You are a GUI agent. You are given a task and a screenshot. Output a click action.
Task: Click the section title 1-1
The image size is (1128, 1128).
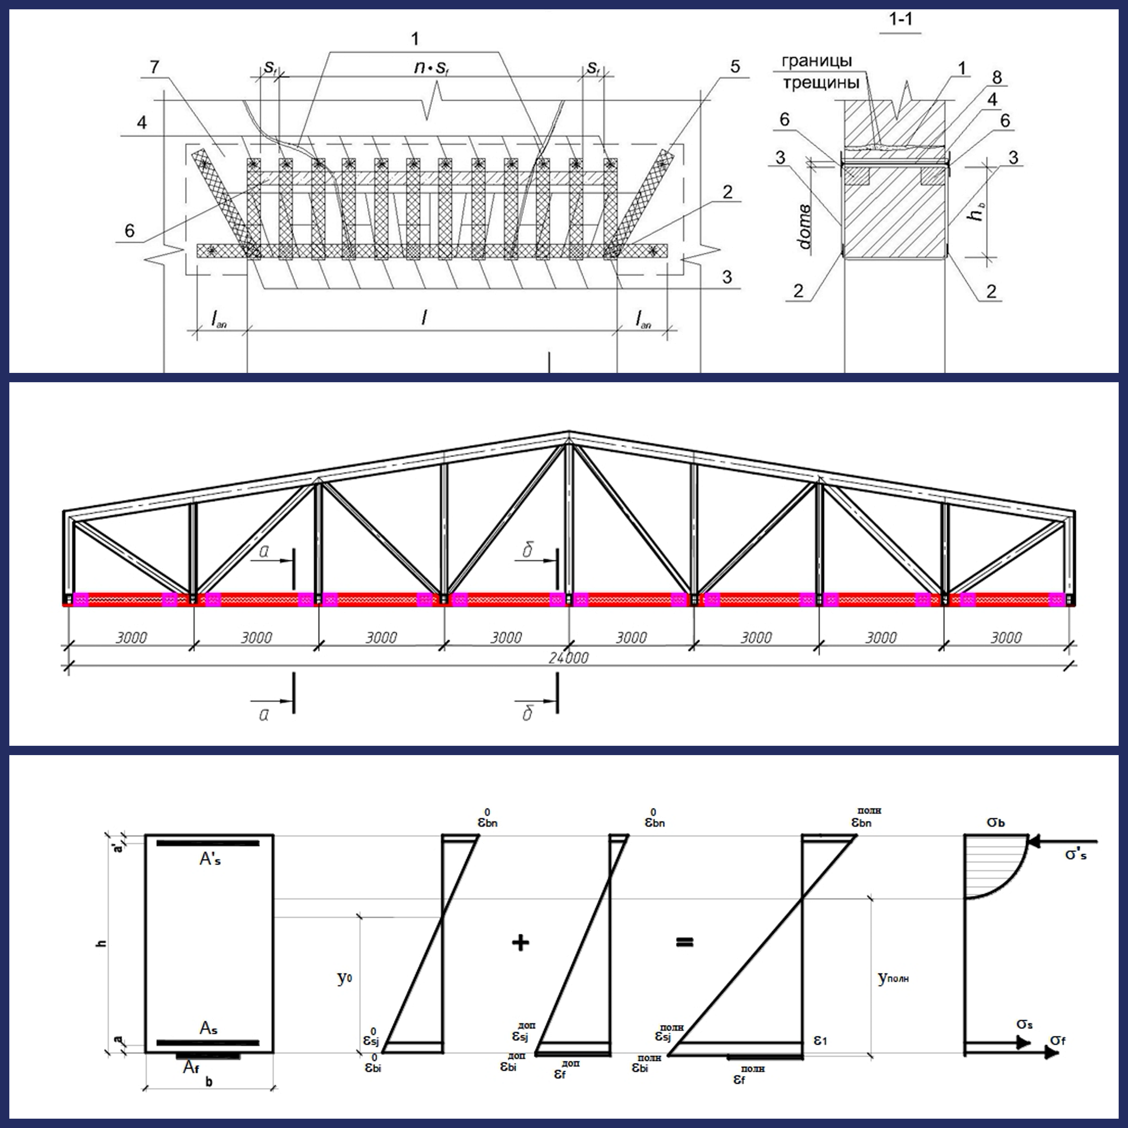coord(900,20)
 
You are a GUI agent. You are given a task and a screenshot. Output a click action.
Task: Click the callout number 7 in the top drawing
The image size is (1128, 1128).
coord(154,67)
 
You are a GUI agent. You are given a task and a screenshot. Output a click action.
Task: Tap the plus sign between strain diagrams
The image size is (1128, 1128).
coord(520,942)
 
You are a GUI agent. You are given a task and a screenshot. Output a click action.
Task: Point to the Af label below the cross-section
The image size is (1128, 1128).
coord(191,1067)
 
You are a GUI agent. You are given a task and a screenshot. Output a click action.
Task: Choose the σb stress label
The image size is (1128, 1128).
coord(995,822)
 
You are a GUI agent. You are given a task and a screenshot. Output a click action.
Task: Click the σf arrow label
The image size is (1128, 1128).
coord(1057,1041)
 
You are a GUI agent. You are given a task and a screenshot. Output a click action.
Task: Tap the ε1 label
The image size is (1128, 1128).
coord(820,1041)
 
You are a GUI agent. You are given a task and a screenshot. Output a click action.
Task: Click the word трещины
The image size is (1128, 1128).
coord(821,83)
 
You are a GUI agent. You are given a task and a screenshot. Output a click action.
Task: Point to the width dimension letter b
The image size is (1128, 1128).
coord(209,1082)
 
